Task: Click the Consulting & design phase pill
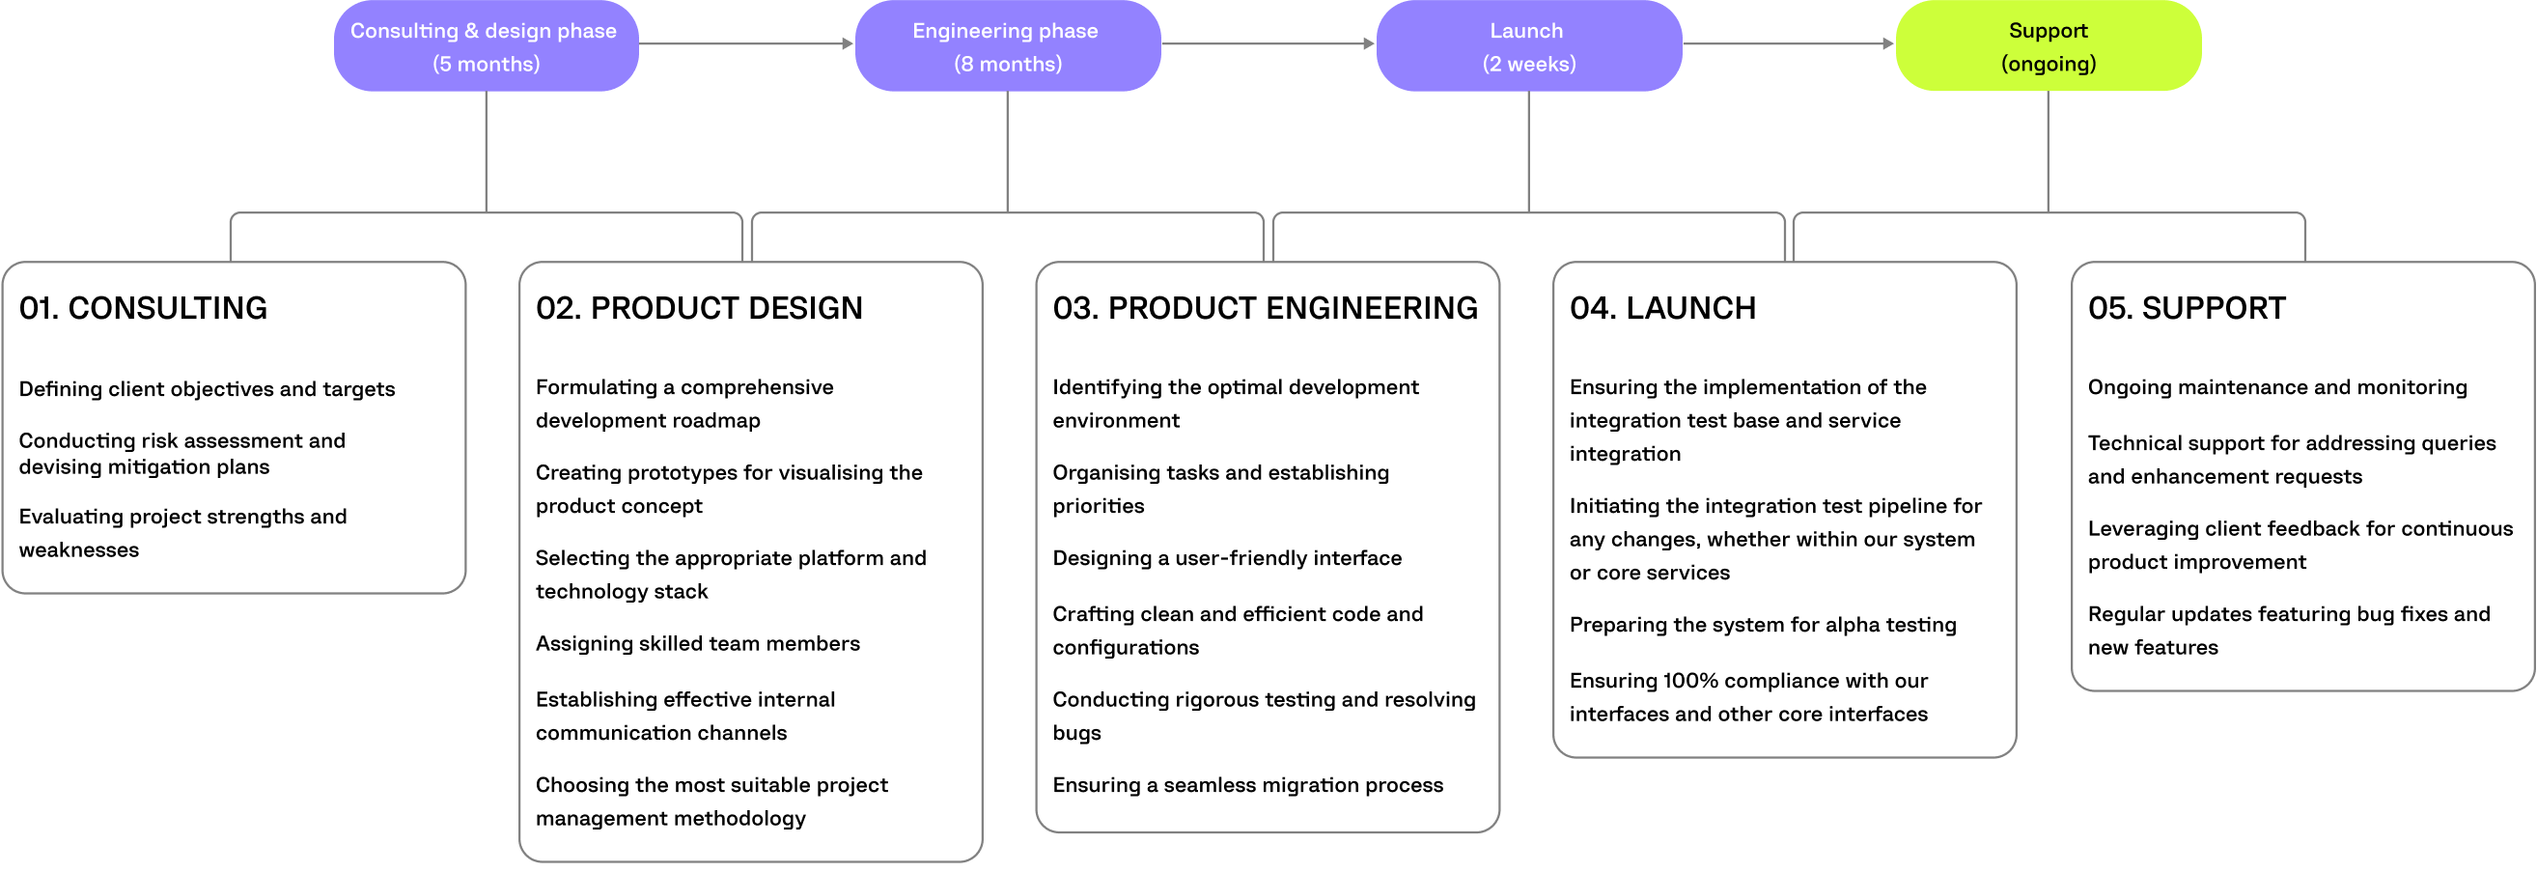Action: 486,46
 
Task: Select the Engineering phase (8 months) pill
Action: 1007,46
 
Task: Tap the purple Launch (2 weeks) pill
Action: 1527,46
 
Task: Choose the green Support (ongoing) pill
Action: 2048,46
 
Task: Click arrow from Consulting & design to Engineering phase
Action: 746,43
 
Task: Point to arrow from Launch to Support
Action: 1788,43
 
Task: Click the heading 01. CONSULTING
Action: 143,308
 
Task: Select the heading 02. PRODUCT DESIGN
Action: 698,308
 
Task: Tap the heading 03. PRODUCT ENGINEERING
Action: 1265,308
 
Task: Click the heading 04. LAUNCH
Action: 1661,308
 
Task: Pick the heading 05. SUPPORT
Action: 2186,308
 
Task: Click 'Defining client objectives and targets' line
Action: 207,389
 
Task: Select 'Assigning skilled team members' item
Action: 697,643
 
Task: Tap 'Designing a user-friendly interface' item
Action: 1226,559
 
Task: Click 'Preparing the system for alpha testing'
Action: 1762,625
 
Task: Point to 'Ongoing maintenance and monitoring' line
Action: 2277,387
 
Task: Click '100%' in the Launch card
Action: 1690,681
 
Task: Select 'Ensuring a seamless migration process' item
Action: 1247,785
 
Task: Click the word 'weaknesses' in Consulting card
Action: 79,549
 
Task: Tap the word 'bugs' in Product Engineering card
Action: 1075,733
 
